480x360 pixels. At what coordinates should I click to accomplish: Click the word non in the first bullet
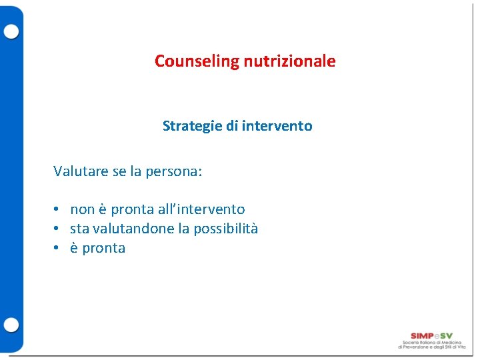tap(82, 210)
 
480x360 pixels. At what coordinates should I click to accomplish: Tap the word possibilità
tap(225, 229)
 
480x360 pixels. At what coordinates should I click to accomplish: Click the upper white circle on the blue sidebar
tap(11, 31)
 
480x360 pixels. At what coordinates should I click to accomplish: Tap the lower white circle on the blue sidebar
tap(11, 325)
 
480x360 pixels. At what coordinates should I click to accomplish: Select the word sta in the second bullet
tap(79, 229)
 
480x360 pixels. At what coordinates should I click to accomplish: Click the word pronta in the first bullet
tap(133, 210)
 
